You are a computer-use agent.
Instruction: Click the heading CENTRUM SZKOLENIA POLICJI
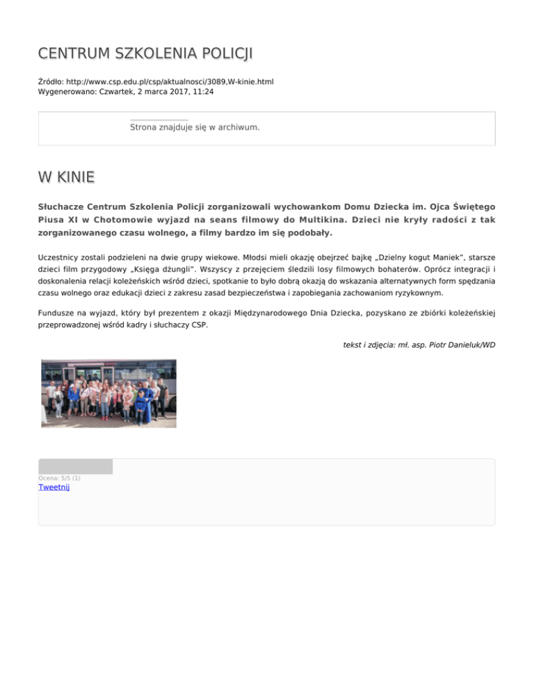click(x=145, y=54)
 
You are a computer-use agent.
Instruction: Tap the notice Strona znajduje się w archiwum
click(x=195, y=128)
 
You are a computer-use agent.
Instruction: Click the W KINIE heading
click(x=66, y=178)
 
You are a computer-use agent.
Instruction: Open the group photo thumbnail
click(x=108, y=393)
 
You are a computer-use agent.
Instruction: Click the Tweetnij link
click(x=54, y=487)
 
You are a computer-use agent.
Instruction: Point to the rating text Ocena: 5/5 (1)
click(x=59, y=478)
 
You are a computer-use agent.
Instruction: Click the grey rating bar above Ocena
click(x=75, y=466)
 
